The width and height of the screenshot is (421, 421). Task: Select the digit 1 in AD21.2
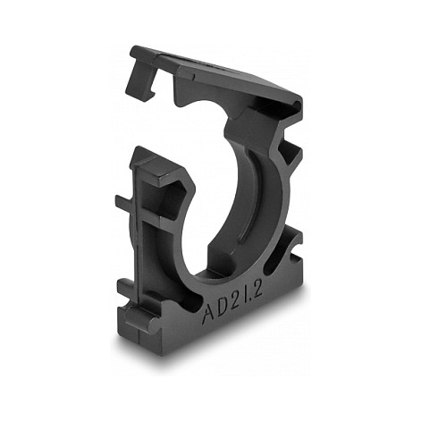248,293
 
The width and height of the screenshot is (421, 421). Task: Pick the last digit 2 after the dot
258,288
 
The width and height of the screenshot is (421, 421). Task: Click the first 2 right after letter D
238,299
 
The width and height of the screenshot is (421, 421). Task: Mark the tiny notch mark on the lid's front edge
194,75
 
